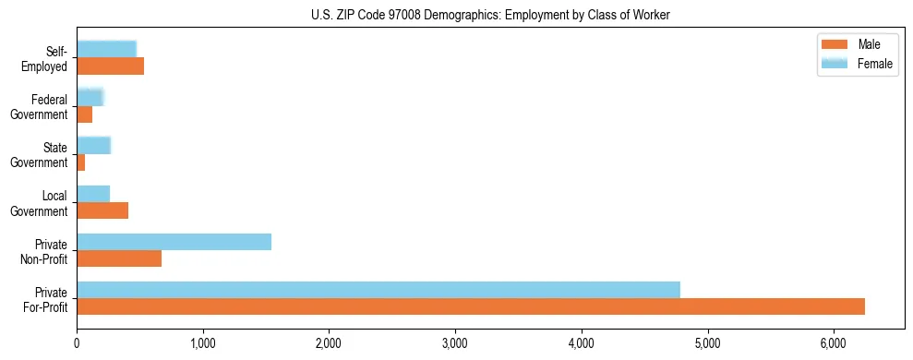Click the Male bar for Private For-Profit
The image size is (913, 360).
point(471,306)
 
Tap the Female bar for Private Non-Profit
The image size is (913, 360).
point(174,242)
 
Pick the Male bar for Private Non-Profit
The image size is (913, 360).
point(119,258)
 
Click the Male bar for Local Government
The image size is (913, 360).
point(102,210)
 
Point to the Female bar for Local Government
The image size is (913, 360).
point(93,193)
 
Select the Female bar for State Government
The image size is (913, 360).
point(93,145)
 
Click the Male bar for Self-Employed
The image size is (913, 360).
point(110,66)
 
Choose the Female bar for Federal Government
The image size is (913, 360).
point(90,97)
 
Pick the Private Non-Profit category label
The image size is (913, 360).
point(47,251)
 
